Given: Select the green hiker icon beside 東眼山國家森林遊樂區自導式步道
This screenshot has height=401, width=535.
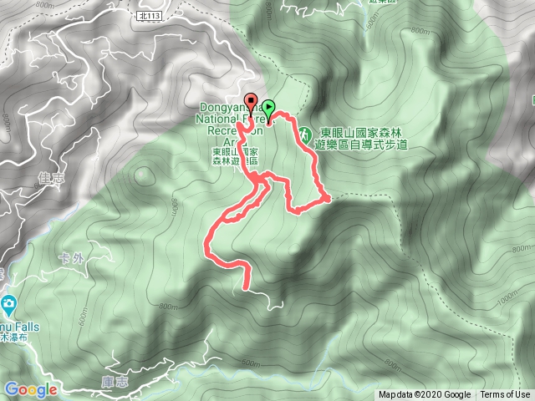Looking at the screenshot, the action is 305,134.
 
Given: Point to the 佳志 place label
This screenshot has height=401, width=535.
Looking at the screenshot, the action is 52,177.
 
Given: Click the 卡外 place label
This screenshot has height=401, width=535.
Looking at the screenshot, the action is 73,257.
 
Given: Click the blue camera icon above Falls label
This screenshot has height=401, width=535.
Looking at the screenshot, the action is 8,302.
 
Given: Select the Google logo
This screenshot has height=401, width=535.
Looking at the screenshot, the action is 31,389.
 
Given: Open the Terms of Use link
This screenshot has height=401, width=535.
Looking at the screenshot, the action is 505,395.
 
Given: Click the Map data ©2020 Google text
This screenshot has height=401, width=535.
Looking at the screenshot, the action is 425,395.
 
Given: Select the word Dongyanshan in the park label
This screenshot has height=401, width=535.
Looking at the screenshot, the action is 224,107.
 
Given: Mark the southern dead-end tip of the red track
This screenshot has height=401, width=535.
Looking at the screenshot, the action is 245,289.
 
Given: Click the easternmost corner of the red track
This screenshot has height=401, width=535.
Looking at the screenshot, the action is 329,197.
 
